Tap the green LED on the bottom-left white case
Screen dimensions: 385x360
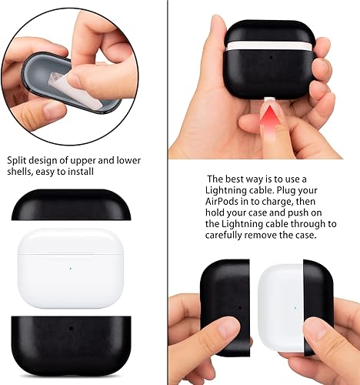[70, 268]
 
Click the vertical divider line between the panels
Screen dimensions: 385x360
[168, 192]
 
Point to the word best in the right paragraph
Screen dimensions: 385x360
[234, 179]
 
